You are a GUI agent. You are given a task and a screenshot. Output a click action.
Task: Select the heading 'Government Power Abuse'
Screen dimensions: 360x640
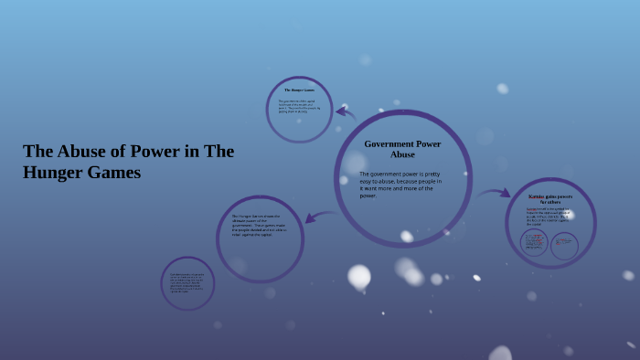[x=402, y=149]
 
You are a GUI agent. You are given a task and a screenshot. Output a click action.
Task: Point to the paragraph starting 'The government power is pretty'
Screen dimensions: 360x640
[x=400, y=184]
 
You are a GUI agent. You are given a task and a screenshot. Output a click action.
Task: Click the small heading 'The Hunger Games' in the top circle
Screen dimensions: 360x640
[x=299, y=90]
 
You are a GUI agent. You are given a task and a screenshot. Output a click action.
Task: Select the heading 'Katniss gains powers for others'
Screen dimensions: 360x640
[x=550, y=198]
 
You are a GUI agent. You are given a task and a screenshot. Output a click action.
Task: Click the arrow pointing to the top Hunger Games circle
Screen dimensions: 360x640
[x=345, y=113]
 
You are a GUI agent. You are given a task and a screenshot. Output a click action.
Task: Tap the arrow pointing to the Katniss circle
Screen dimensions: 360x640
[x=494, y=194]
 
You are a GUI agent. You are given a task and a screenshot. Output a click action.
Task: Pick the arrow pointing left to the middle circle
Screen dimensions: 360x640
[x=319, y=217]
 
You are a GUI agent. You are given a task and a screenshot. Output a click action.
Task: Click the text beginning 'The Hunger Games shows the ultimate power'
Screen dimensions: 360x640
[x=259, y=226]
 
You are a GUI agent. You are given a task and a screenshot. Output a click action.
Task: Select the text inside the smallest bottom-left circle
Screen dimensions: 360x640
[x=187, y=282]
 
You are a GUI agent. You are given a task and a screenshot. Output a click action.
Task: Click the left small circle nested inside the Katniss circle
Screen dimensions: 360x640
[x=534, y=243]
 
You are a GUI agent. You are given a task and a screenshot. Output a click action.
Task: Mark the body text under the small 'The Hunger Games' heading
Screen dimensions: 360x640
[x=299, y=105]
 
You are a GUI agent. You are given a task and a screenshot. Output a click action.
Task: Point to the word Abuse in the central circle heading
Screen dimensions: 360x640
[x=402, y=154]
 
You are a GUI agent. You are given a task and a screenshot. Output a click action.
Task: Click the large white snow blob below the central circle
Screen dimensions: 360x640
[x=359, y=275]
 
